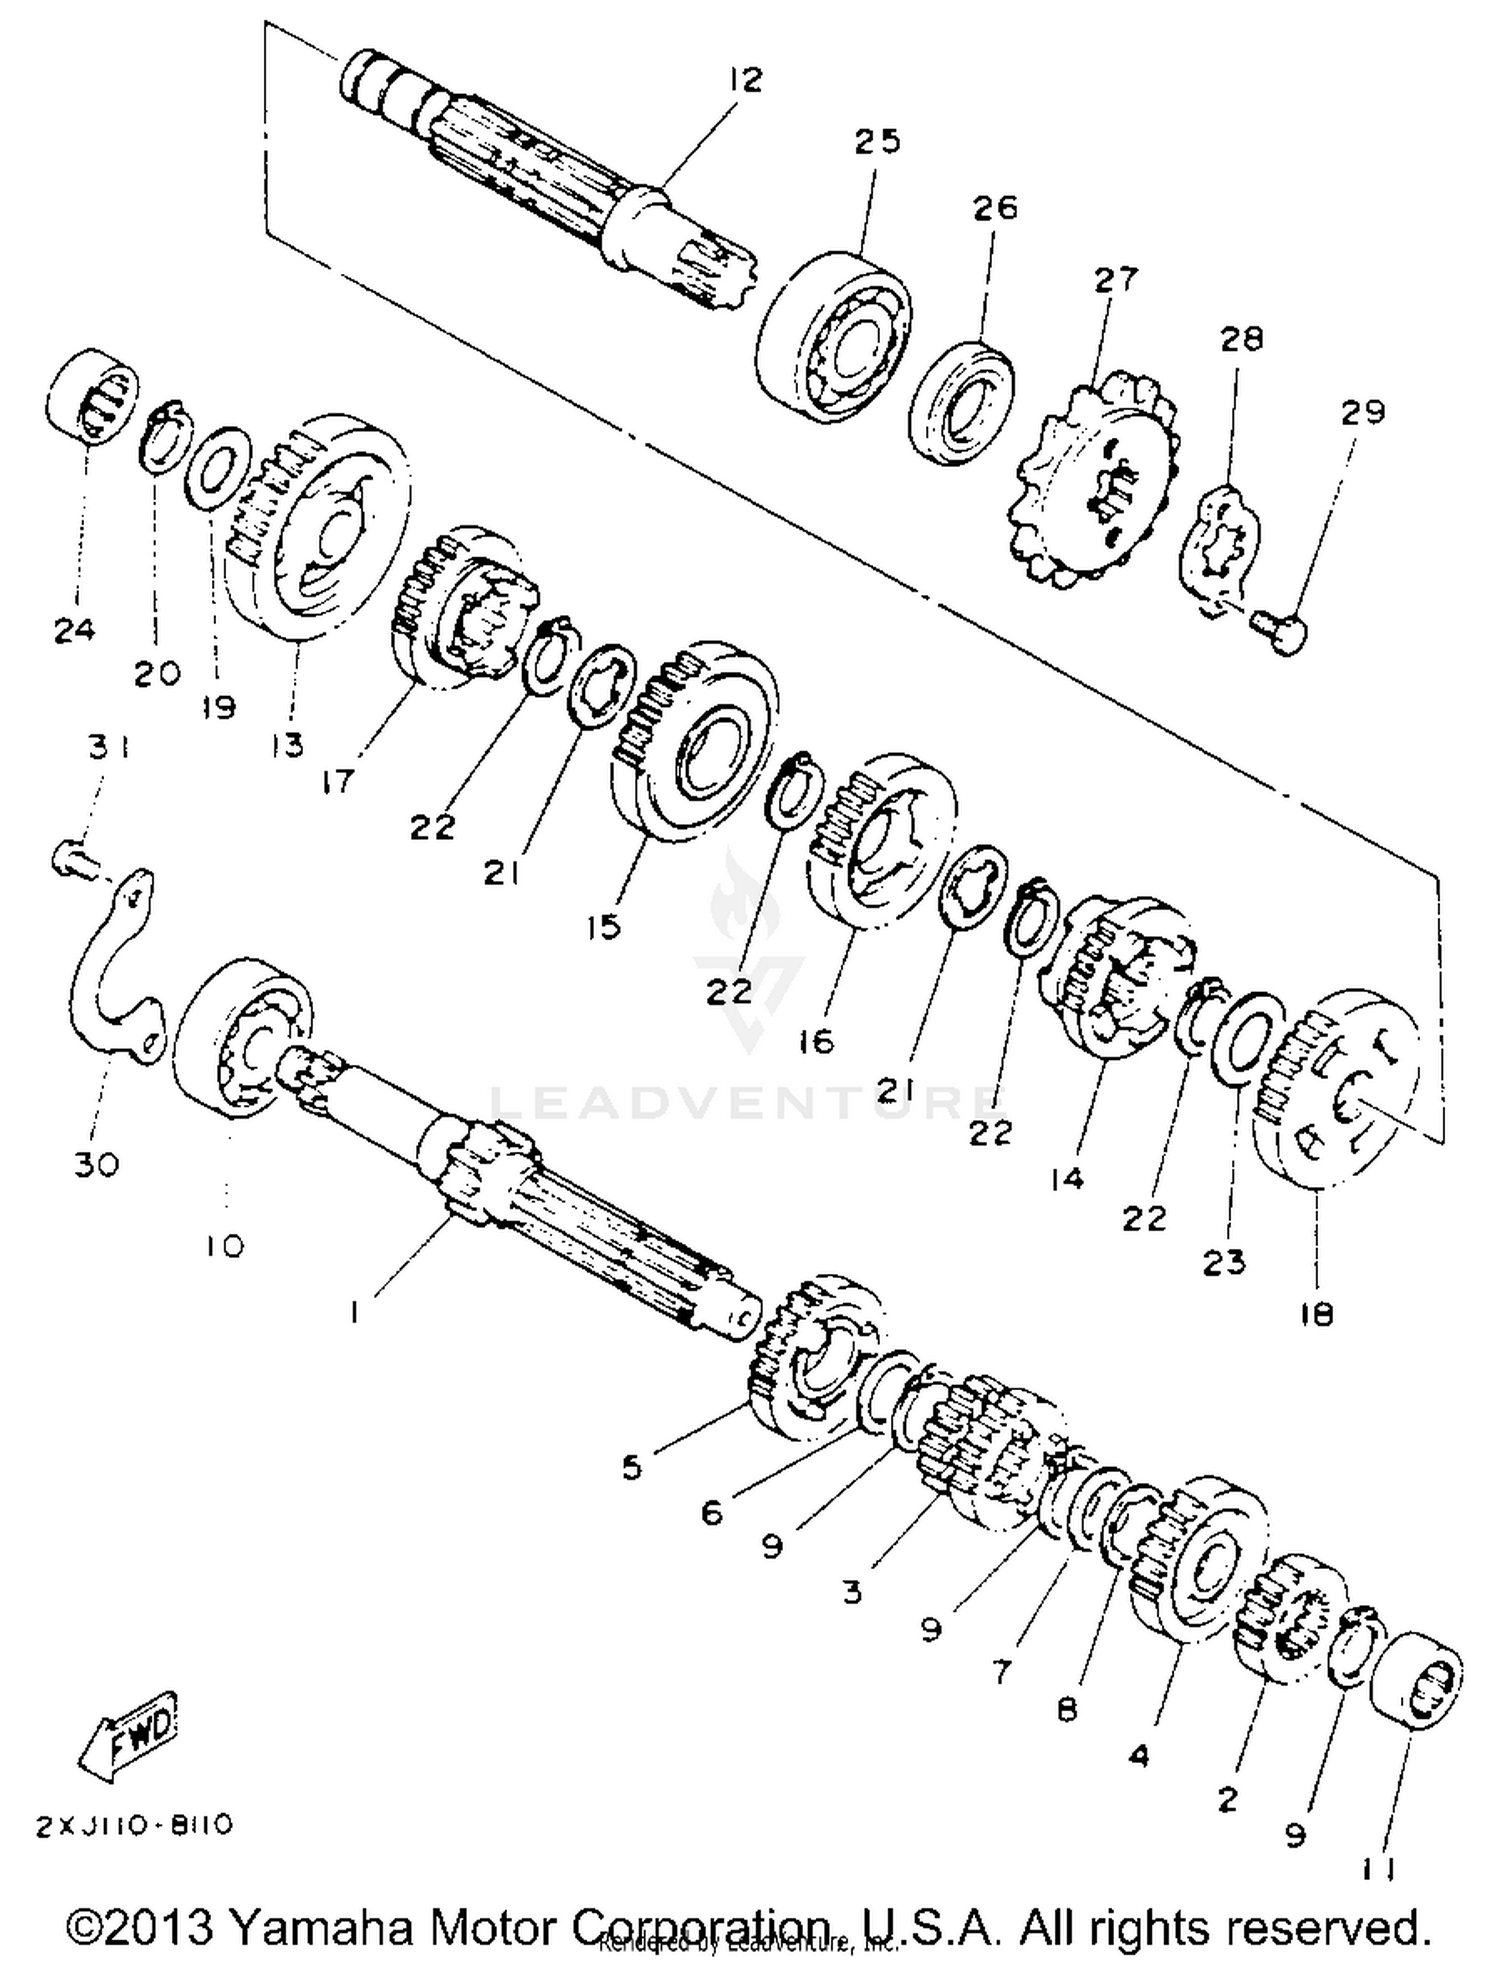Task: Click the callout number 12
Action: [746, 79]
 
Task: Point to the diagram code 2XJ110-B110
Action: [135, 1826]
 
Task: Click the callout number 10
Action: [226, 1246]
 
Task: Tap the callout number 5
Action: [631, 1468]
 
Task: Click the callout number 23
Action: [1224, 1262]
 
